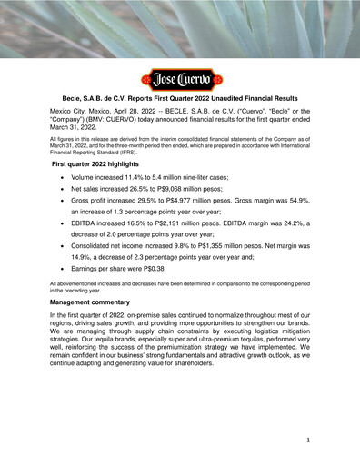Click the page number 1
click(x=309, y=439)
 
